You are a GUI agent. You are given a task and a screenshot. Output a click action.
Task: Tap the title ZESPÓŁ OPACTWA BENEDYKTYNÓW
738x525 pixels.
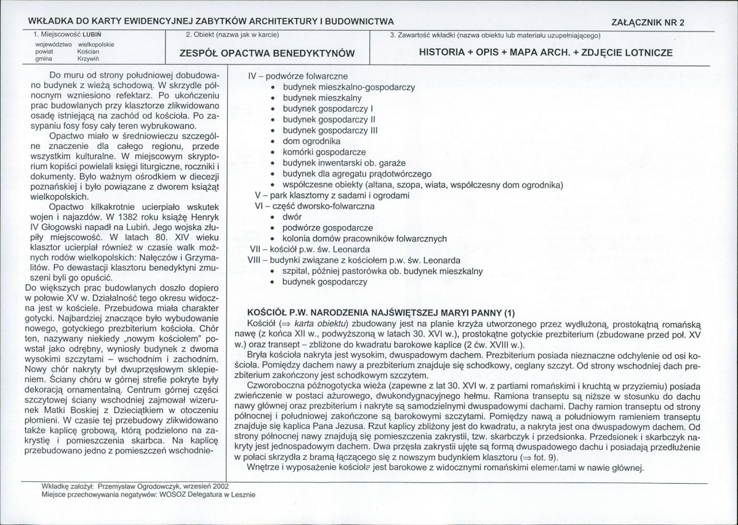click(267, 54)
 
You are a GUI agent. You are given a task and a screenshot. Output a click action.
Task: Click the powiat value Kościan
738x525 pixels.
click(88, 52)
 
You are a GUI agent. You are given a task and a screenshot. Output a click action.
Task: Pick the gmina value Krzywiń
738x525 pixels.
click(88, 58)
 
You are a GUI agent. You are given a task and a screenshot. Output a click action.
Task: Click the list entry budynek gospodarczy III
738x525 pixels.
click(330, 130)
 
